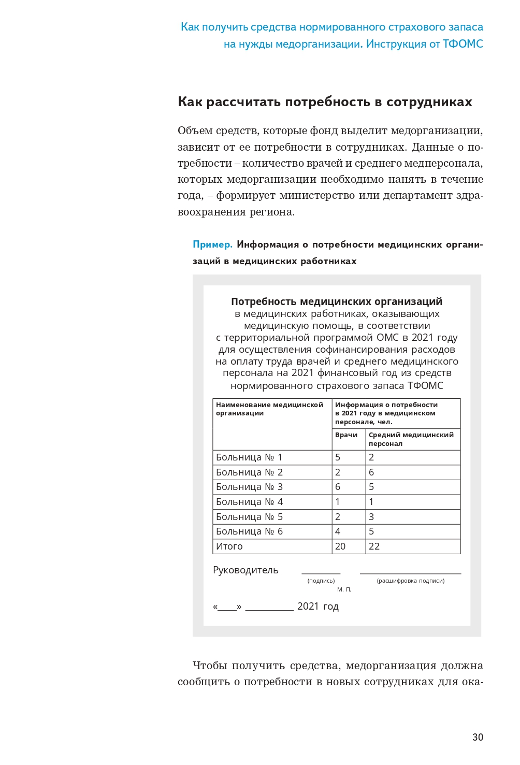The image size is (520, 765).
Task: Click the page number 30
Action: click(x=478, y=737)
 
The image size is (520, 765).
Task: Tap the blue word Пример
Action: click(x=212, y=244)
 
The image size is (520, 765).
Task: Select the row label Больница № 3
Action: click(x=249, y=487)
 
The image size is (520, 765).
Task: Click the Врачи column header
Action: click(x=346, y=435)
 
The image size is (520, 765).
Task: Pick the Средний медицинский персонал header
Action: click(x=411, y=439)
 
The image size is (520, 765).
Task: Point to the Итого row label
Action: click(x=229, y=546)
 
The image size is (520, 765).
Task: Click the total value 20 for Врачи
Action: click(x=340, y=546)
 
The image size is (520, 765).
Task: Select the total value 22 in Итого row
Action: click(x=374, y=546)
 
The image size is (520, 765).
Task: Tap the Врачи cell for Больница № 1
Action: click(x=338, y=457)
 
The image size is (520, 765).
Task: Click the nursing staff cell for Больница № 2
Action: click(x=371, y=472)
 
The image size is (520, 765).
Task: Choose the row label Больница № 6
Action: click(x=249, y=531)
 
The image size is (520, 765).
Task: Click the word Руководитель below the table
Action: click(x=245, y=570)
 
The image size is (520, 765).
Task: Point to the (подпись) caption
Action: click(x=321, y=581)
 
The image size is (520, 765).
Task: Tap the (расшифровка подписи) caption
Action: click(x=411, y=581)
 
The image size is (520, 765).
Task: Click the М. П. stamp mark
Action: click(x=344, y=589)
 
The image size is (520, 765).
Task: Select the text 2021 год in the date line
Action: click(x=317, y=607)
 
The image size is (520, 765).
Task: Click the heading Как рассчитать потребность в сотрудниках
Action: click(x=325, y=102)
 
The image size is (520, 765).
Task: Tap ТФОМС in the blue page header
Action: click(x=463, y=44)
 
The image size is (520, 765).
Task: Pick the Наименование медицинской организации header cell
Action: click(x=269, y=409)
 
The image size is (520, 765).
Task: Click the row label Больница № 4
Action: click(x=249, y=502)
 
